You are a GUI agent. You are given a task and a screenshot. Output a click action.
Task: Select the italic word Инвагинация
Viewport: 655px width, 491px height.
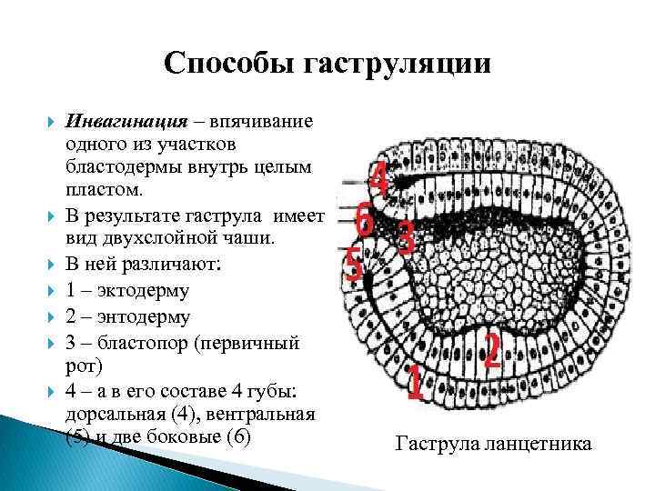126,122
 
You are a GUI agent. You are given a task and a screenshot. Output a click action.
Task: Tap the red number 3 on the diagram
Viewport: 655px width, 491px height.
407,238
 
